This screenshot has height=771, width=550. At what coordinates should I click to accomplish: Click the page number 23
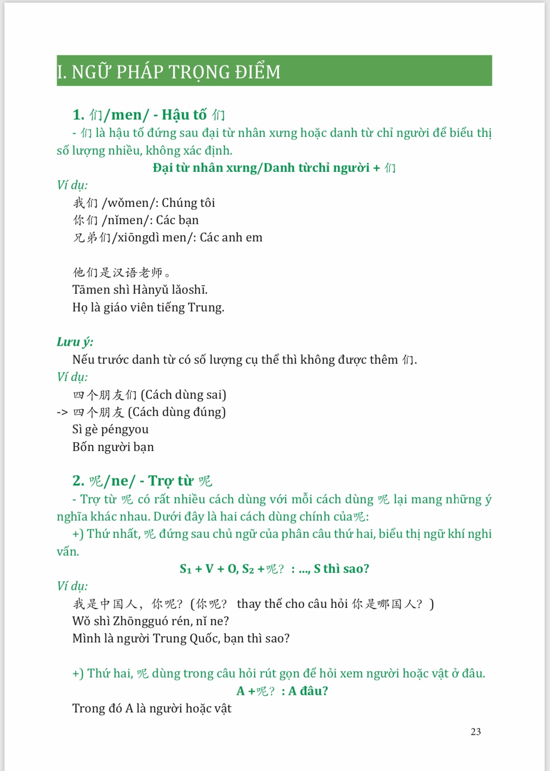pyautogui.click(x=476, y=732)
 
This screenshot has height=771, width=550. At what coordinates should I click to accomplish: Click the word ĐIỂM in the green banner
pyautogui.click(x=258, y=72)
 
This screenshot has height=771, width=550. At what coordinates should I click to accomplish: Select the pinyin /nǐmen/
pyautogui.click(x=127, y=220)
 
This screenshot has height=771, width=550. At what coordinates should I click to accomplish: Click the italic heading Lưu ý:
pyautogui.click(x=75, y=342)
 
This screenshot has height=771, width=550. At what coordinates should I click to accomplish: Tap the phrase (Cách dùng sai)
pyautogui.click(x=183, y=394)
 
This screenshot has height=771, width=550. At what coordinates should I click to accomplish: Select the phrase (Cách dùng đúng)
pyautogui.click(x=177, y=412)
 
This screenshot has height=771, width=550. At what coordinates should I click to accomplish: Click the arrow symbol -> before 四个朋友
pyautogui.click(x=62, y=413)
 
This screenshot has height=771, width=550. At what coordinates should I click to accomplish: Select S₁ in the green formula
pyautogui.click(x=186, y=569)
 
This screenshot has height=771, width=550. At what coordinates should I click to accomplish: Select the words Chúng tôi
pyautogui.click(x=188, y=203)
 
